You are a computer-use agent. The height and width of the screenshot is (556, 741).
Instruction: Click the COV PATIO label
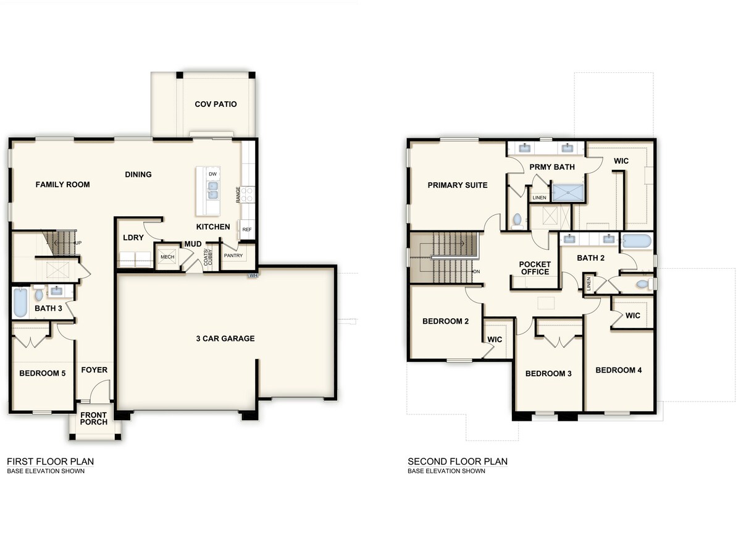point(216,104)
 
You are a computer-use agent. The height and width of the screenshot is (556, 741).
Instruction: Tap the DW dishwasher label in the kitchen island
point(212,174)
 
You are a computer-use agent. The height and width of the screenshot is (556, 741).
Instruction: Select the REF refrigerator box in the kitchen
point(247,229)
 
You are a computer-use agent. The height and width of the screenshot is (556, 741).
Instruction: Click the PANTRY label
point(233,255)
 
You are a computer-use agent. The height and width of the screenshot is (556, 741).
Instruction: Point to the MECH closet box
point(167,257)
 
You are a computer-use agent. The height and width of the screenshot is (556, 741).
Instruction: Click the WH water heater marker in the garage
point(253,276)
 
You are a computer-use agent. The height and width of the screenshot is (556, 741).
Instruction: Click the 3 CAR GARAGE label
point(225,339)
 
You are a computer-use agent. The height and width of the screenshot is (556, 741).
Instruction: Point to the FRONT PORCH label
point(93,418)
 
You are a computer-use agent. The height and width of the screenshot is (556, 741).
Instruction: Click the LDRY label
point(133,238)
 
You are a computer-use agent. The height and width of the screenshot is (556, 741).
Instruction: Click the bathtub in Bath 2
point(636,241)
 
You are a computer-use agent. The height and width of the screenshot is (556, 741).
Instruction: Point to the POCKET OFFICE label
point(534,268)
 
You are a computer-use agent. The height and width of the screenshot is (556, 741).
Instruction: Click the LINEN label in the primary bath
point(539,198)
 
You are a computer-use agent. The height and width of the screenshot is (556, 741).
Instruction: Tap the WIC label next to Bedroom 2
point(495,339)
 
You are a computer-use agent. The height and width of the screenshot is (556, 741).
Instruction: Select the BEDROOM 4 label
point(619,370)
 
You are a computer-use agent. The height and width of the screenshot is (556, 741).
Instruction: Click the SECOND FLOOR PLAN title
point(457,461)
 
